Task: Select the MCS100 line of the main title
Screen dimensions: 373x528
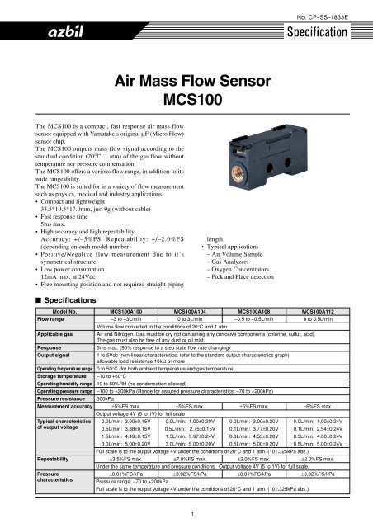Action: pyautogui.click(x=186, y=97)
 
